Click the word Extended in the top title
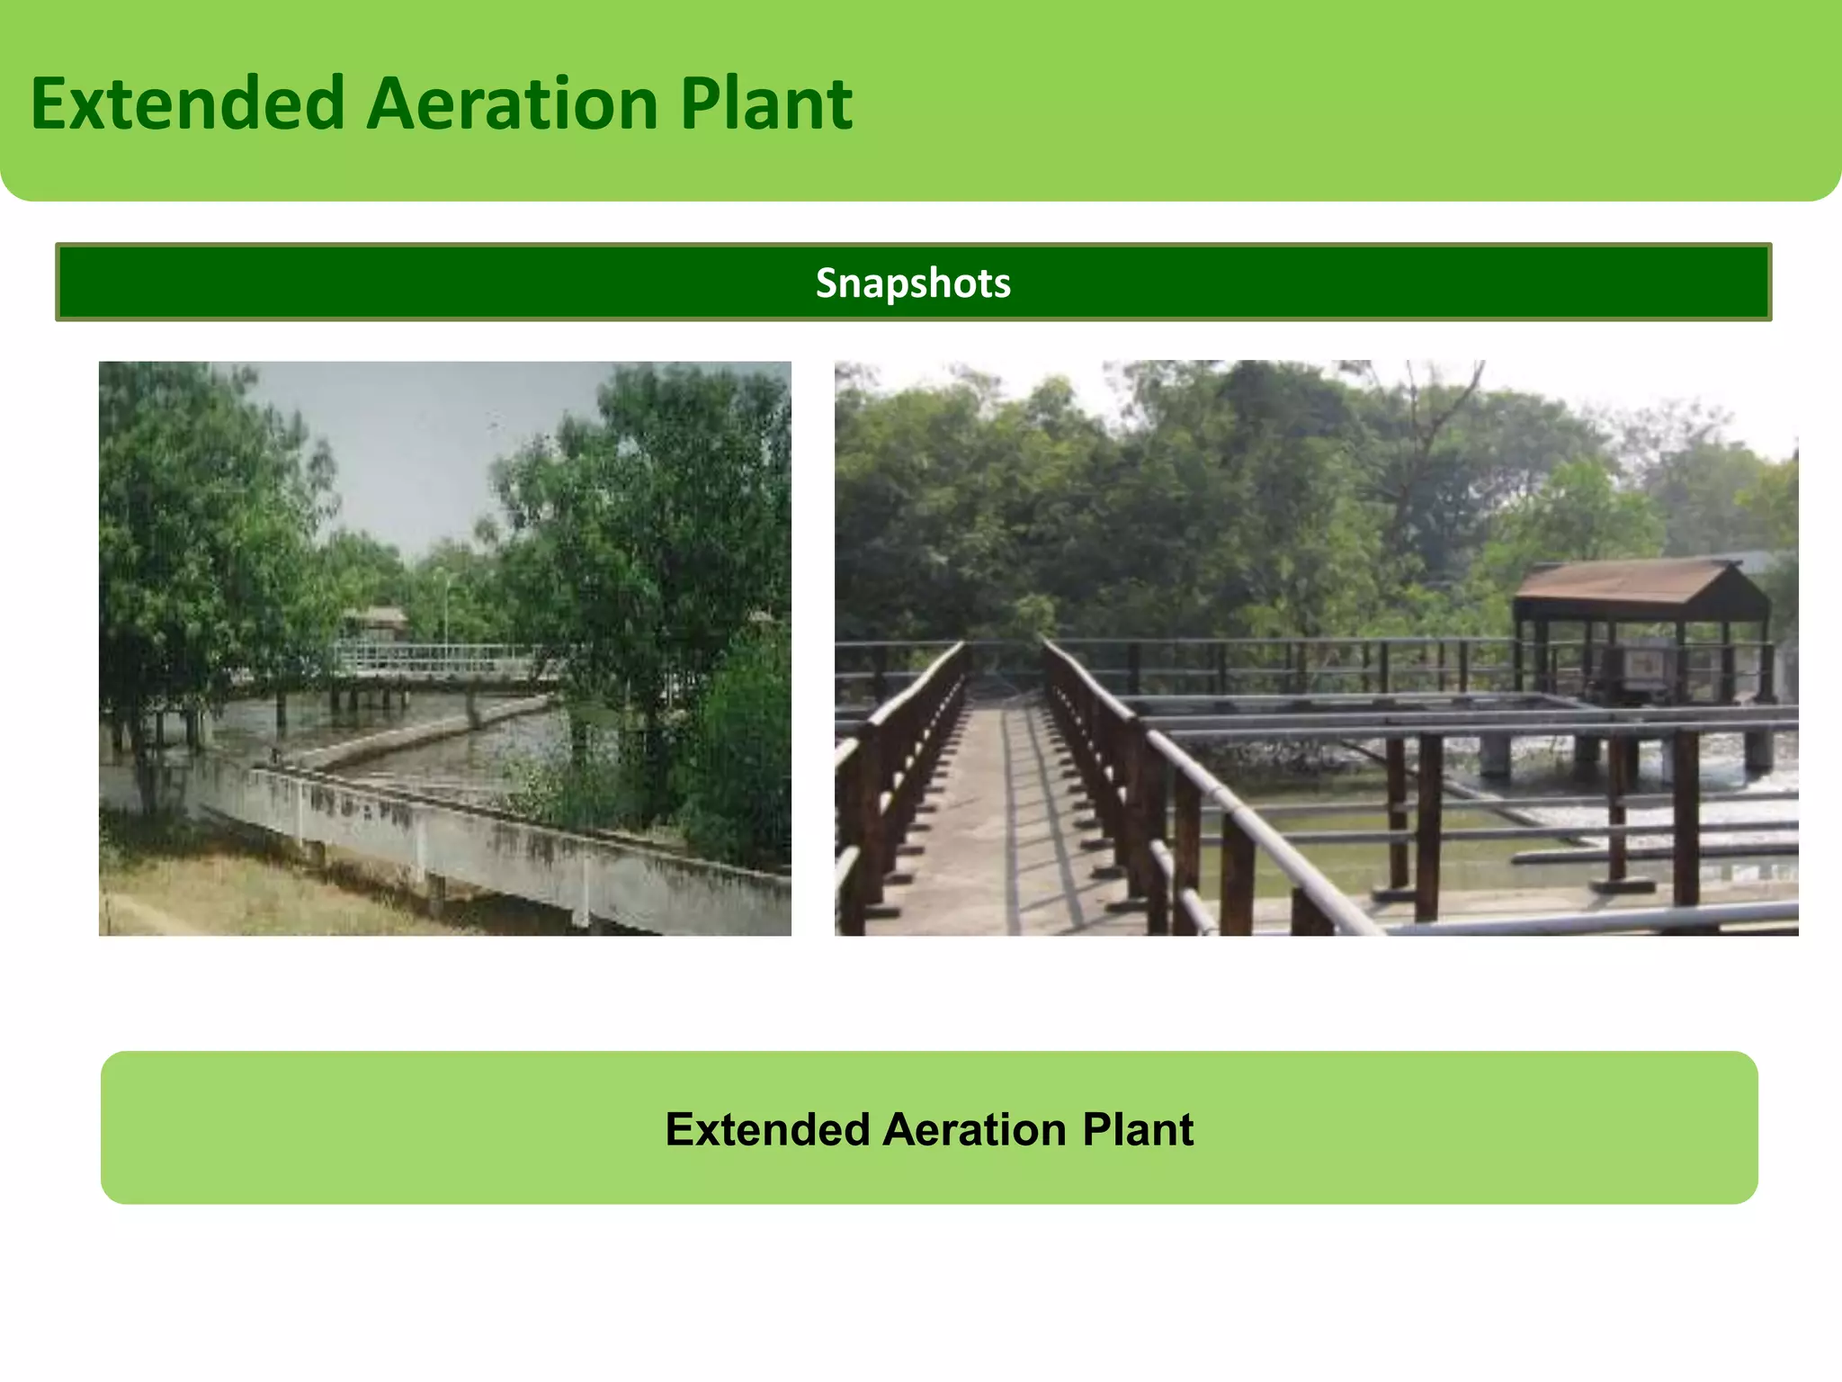[187, 103]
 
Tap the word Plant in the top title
[765, 103]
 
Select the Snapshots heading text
[913, 283]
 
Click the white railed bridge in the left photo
[432, 660]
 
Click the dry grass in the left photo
[225, 891]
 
